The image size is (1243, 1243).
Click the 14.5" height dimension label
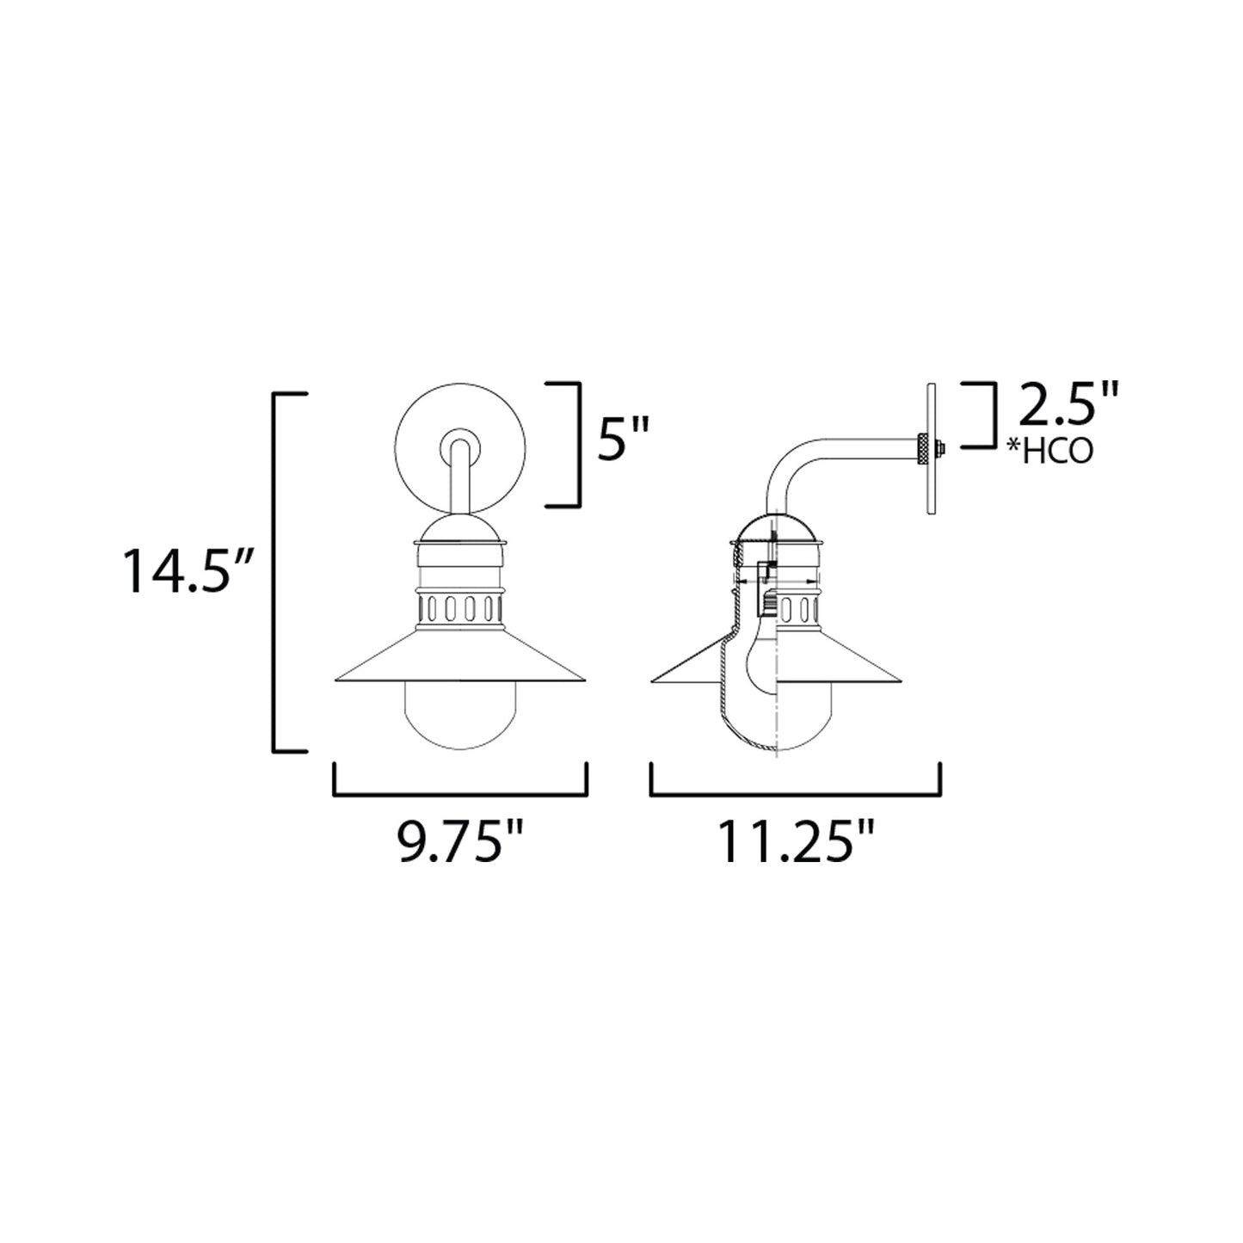click(x=184, y=570)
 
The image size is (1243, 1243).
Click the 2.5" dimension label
click(x=1067, y=407)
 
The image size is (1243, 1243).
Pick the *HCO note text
click(x=1054, y=451)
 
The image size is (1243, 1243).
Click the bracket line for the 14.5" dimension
click(x=275, y=570)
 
